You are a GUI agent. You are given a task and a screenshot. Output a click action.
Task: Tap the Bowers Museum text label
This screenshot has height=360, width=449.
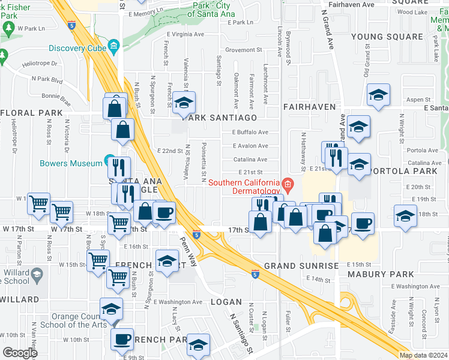coord(71,163)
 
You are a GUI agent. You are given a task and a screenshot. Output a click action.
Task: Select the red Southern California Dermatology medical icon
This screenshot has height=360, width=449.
coord(288,183)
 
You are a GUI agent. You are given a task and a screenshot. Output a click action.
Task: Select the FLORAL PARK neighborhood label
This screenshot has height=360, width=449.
coord(32,112)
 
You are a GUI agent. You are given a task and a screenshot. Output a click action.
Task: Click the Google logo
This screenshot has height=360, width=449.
coord(20,353)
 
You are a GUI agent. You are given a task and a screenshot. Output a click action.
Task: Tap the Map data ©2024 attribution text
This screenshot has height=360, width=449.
coord(423,356)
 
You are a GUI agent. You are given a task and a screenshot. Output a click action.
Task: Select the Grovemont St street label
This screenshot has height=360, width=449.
coord(245,50)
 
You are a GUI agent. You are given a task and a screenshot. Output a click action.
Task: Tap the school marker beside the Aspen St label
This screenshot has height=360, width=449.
coord(378,96)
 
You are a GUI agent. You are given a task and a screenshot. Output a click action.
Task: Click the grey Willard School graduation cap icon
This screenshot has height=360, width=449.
coord(37,275)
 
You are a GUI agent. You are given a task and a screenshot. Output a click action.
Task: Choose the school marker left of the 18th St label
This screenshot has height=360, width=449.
coord(405,215)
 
